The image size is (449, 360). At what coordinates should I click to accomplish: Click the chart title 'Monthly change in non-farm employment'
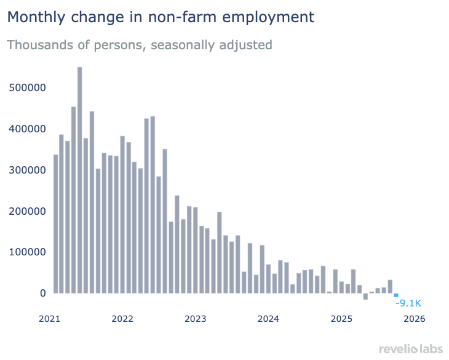click(161, 17)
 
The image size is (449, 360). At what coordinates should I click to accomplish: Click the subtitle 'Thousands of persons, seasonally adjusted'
click(140, 45)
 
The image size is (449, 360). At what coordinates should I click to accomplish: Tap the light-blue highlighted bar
click(396, 295)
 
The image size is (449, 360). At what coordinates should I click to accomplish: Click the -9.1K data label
click(408, 303)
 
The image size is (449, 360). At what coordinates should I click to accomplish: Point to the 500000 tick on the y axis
click(28, 87)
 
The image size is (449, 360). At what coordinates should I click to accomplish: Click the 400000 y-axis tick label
click(28, 129)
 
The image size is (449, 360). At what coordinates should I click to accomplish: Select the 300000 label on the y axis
click(28, 170)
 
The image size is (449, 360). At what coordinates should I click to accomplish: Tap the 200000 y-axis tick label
click(28, 211)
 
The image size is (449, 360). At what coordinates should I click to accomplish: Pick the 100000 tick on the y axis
click(28, 252)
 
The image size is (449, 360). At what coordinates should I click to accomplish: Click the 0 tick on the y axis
click(43, 293)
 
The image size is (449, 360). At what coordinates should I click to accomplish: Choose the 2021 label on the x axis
click(50, 319)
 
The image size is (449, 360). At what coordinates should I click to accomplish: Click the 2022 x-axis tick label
click(123, 319)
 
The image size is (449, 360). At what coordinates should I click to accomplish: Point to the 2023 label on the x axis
click(196, 319)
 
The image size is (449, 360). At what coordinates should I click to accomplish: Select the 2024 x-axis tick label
click(269, 319)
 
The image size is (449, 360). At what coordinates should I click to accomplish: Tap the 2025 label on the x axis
click(342, 319)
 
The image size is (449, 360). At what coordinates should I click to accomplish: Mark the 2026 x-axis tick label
click(415, 319)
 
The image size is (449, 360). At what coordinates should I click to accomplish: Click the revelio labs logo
click(410, 349)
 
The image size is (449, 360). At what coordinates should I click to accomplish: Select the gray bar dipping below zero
click(365, 296)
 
